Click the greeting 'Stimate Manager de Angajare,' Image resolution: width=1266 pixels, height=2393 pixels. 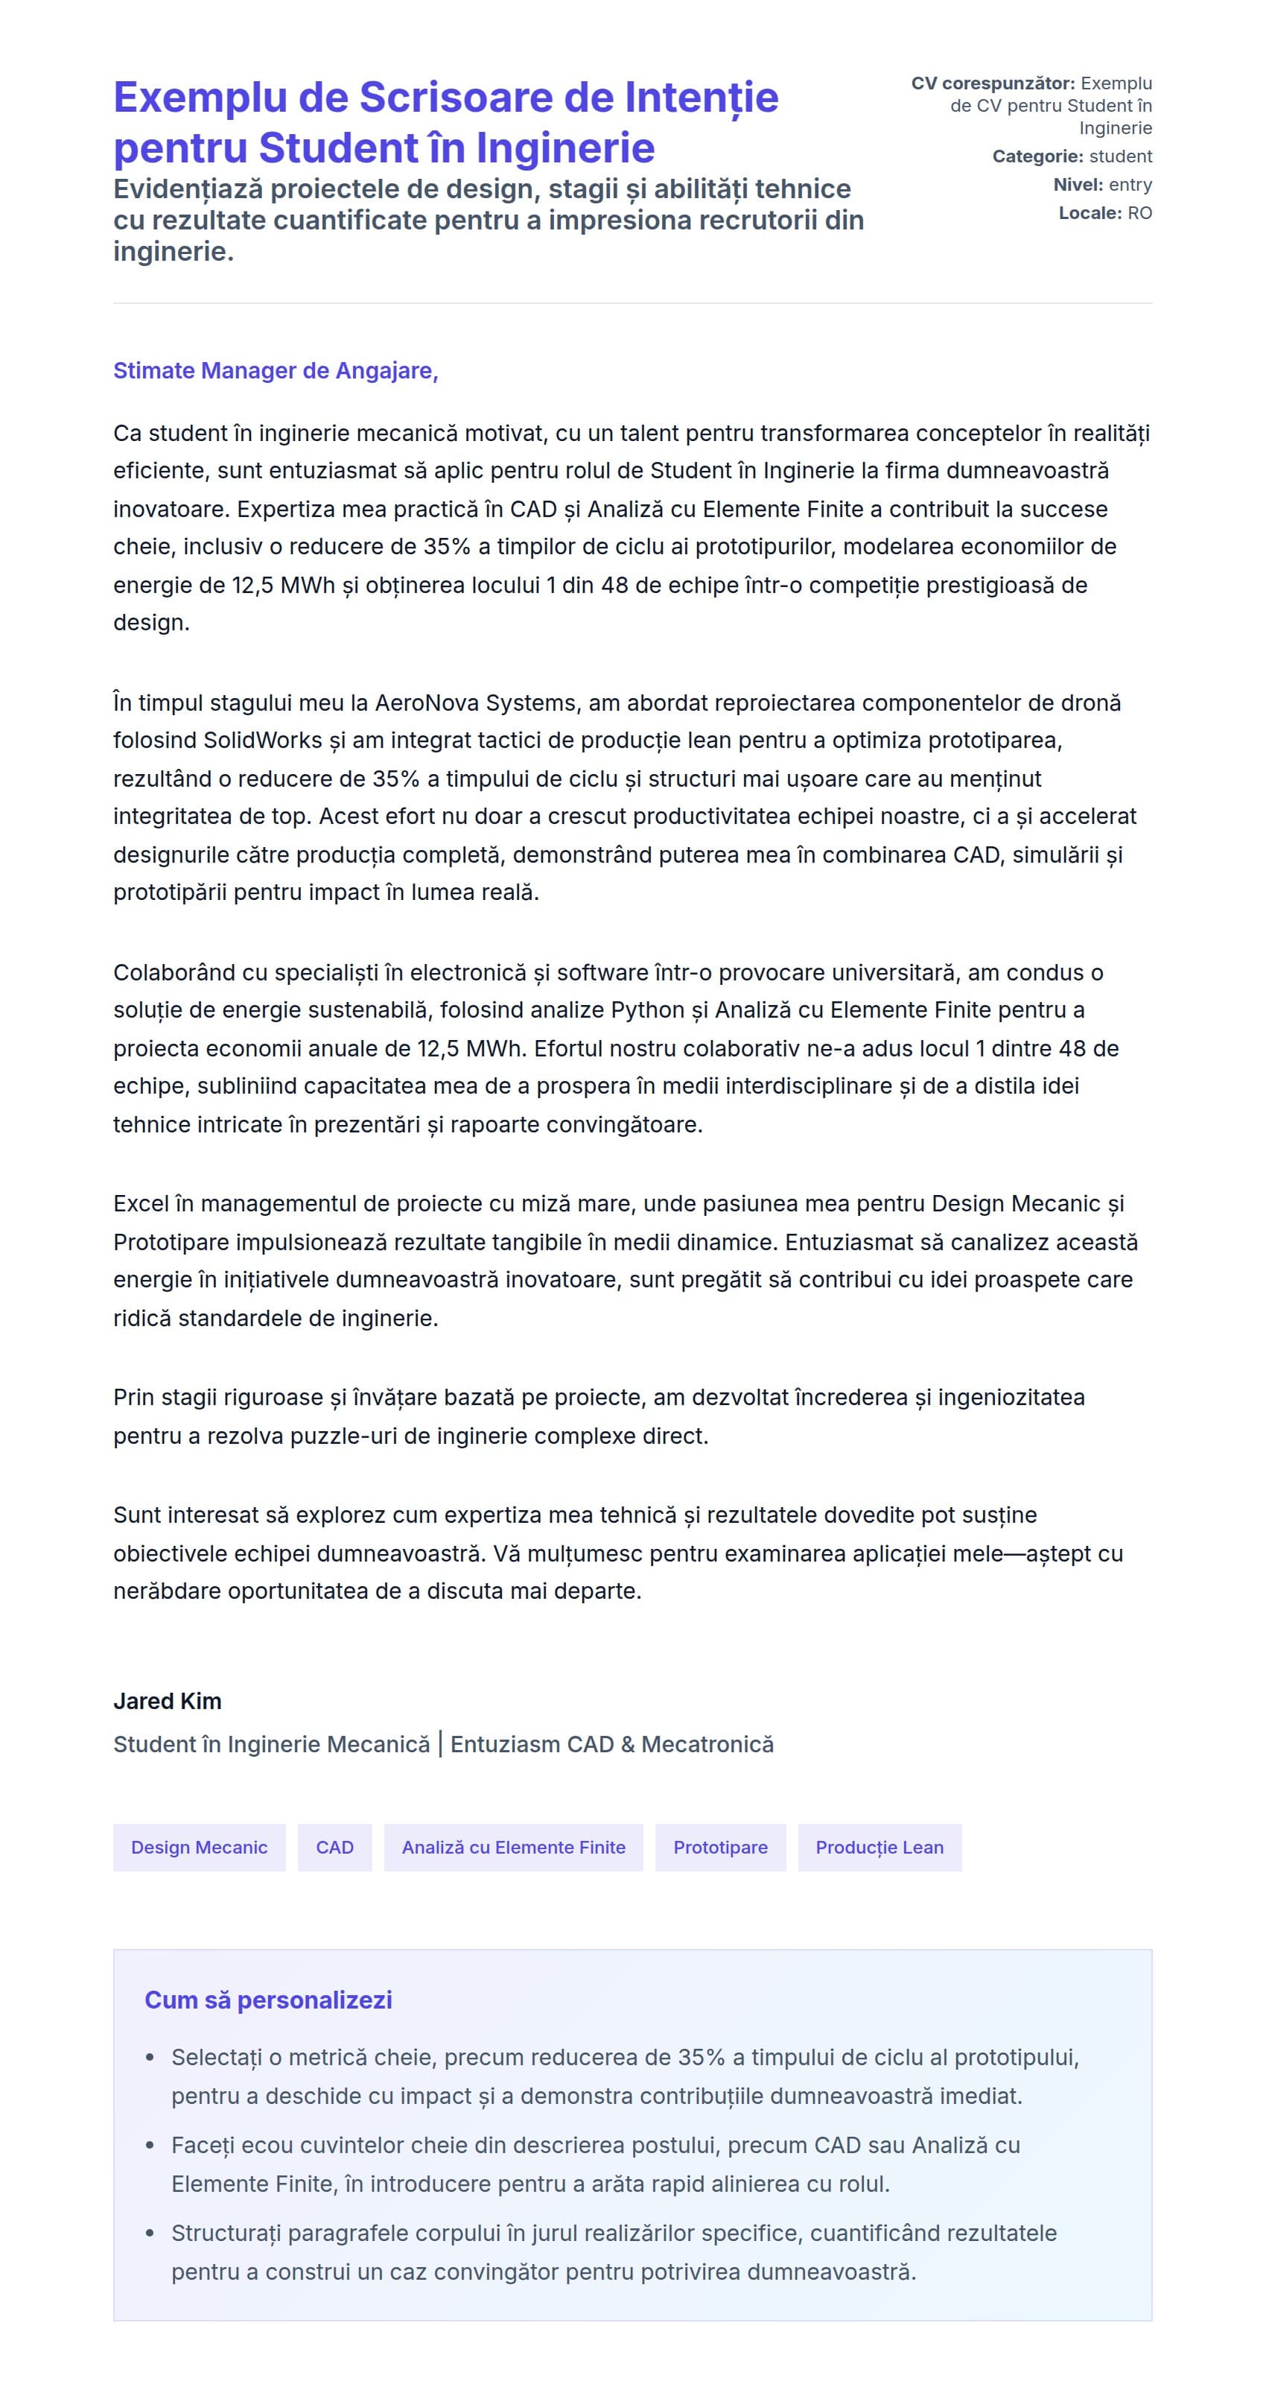coord(275,371)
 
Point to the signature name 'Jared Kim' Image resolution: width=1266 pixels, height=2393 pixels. coord(168,1701)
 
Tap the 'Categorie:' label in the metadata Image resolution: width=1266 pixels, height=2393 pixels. coord(1037,156)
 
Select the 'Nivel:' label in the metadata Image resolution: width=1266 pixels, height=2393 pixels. coord(1078,185)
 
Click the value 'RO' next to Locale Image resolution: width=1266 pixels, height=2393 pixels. coord(1139,213)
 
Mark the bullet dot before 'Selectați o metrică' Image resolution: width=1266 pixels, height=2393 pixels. coord(150,2058)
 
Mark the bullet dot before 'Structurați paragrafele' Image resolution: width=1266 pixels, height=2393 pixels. coord(150,2234)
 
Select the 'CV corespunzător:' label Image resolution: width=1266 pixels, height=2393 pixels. coord(992,83)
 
